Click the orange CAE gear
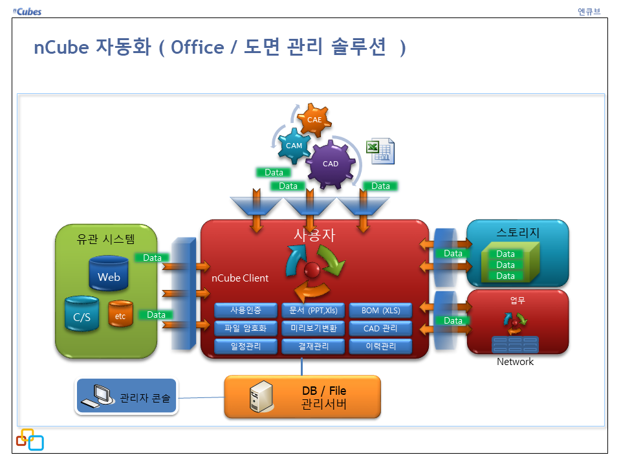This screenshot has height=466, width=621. (x=314, y=119)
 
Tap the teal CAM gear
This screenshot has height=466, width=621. (x=294, y=146)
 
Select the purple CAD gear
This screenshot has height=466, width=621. (x=331, y=163)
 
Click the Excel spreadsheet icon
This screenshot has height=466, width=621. (x=380, y=151)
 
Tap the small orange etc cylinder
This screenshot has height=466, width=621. (x=120, y=315)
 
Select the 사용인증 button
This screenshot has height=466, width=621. (x=246, y=310)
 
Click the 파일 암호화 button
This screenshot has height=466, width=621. (x=246, y=328)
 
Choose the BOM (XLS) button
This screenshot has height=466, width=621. (x=380, y=310)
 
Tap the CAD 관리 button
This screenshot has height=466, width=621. (x=380, y=328)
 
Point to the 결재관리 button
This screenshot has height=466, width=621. (x=313, y=346)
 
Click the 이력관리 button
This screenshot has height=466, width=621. (x=380, y=346)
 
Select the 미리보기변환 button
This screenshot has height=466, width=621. (x=313, y=328)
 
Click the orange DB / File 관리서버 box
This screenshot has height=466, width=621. (x=303, y=397)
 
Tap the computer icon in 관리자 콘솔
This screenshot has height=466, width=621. (x=98, y=397)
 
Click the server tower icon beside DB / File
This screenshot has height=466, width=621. (x=259, y=397)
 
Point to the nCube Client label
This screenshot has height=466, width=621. (x=240, y=278)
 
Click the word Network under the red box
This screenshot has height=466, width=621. (x=515, y=362)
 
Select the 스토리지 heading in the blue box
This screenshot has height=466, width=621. (x=517, y=232)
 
